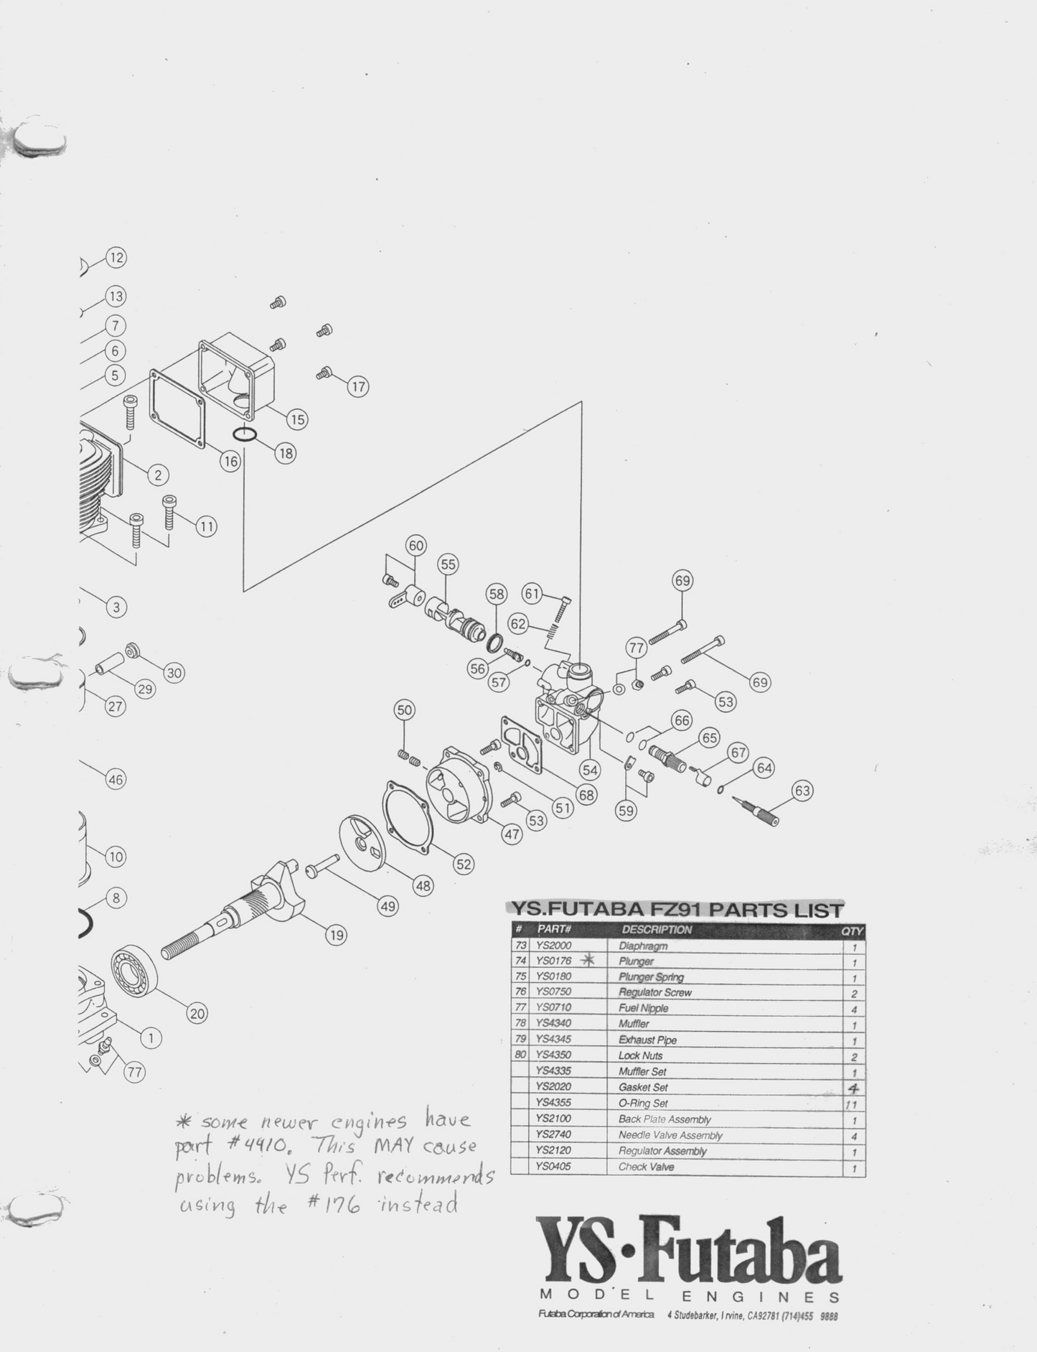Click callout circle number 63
coord(802,791)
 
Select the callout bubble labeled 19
coord(335,935)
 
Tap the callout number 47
coord(511,834)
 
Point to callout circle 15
coord(296,419)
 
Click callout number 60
coord(416,546)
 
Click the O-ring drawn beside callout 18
coord(245,434)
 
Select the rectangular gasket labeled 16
coord(177,408)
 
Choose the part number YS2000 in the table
coord(553,946)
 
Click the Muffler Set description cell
coord(642,1071)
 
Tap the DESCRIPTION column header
coord(657,930)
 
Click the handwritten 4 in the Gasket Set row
coord(853,1088)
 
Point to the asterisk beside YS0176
coord(588,960)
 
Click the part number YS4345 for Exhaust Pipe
coord(553,1040)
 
